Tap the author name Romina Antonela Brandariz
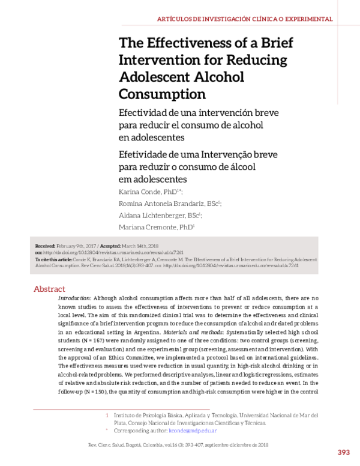pos(161,204)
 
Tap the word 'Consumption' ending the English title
pos(162,94)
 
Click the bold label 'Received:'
pos(46,246)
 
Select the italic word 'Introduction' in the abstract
pos(75,298)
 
